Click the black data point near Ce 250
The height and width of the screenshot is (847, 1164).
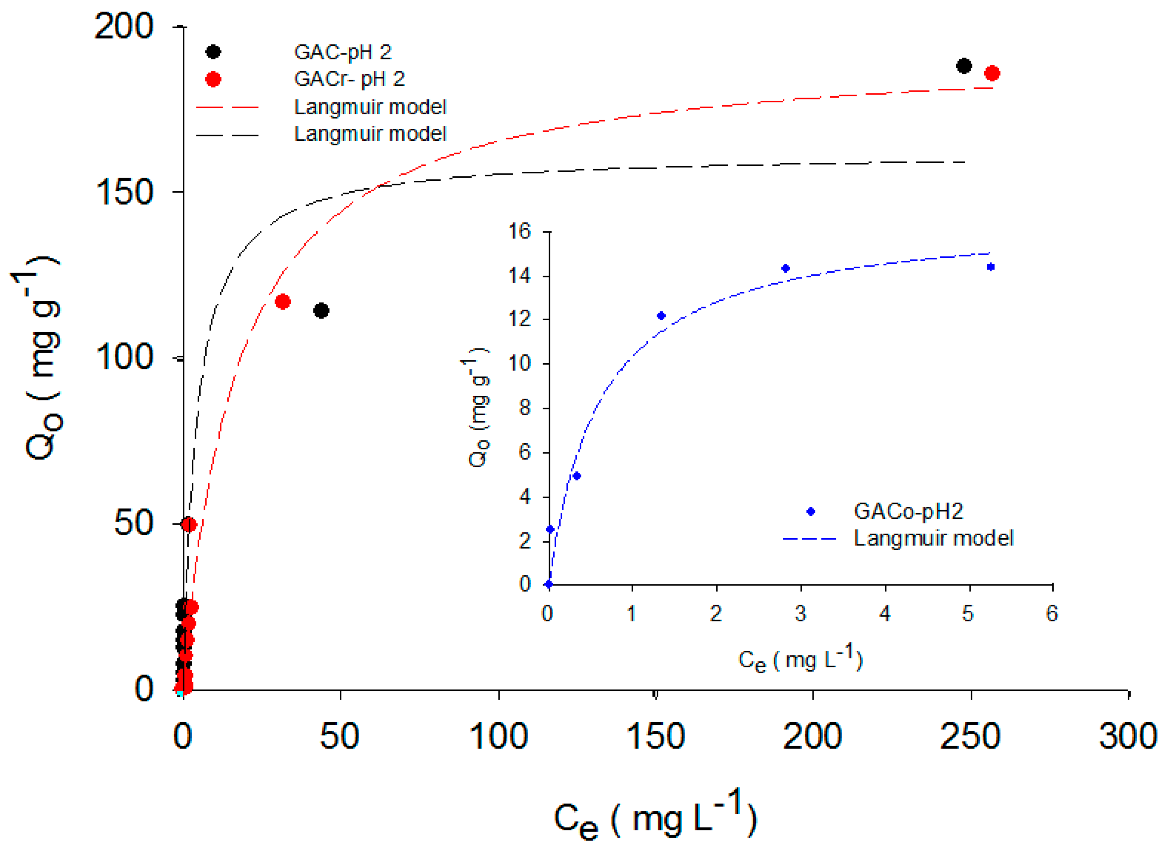tap(964, 66)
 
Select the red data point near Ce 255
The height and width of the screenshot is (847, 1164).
tap(992, 73)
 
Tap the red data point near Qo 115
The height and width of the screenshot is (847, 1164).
tap(283, 302)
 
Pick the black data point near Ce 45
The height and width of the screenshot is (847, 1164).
tap(321, 310)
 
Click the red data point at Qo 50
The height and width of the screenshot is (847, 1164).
tap(189, 525)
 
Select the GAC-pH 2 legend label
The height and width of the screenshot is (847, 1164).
tap(342, 52)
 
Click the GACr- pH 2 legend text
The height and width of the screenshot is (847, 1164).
tap(349, 79)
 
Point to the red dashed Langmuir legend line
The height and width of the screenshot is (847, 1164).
tap(227, 108)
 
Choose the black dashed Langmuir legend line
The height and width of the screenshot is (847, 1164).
tap(227, 135)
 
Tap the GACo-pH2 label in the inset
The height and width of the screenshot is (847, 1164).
tap(909, 511)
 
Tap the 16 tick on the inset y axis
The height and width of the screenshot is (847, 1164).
tap(519, 231)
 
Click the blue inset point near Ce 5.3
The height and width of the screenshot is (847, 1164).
tap(991, 267)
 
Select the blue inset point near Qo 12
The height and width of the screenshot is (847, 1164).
tap(661, 316)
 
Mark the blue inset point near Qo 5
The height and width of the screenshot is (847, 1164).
tap(577, 476)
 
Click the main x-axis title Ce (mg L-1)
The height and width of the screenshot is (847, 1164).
tap(655, 817)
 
